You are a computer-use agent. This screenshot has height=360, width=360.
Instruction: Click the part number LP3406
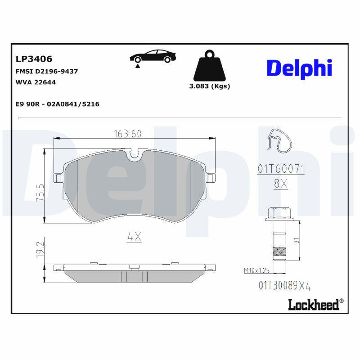[34, 59]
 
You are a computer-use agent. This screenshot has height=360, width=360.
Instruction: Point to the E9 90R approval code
[57, 104]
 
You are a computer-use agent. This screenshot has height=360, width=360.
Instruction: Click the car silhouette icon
[153, 57]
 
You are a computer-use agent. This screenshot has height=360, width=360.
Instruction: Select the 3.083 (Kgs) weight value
[210, 86]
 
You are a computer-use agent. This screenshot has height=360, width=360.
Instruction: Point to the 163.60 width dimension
[128, 134]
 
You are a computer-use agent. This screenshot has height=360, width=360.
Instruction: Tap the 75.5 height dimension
[40, 192]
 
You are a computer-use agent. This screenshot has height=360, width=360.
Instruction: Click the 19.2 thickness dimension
[40, 248]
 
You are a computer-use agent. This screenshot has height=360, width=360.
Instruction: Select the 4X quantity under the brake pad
[134, 237]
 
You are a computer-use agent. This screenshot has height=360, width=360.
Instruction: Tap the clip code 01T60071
[281, 169]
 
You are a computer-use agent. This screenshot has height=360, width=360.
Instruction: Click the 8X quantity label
[281, 184]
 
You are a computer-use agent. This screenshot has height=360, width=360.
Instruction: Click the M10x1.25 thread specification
[256, 270]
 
